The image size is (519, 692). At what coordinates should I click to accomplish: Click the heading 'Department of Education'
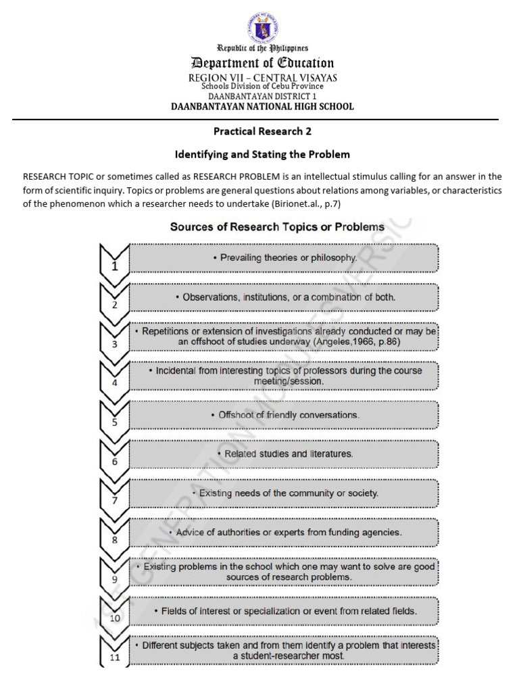click(262, 64)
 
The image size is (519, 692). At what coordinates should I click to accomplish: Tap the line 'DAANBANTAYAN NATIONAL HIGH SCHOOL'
click(262, 106)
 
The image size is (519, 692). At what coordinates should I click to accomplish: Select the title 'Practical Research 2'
click(262, 131)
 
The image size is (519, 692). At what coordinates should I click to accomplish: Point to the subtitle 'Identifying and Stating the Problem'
click(262, 154)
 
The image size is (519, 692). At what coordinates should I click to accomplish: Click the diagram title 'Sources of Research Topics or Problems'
click(277, 226)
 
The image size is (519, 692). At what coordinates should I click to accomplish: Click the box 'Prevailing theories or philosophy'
click(284, 257)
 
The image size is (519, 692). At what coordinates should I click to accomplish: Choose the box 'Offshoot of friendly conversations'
click(284, 415)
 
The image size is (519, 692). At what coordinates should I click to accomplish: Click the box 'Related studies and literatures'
click(284, 454)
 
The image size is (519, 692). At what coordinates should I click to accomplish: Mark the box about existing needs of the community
click(284, 493)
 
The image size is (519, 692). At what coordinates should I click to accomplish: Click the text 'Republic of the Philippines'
click(262, 48)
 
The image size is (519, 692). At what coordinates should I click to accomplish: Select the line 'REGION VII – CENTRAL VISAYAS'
click(262, 78)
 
